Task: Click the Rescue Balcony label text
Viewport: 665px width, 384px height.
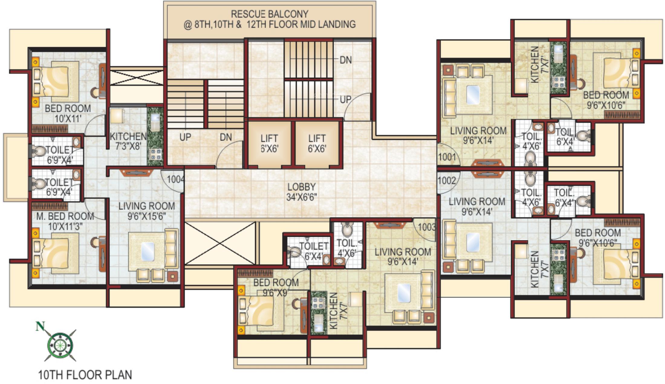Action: (x=269, y=19)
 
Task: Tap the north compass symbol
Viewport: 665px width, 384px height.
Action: (x=60, y=344)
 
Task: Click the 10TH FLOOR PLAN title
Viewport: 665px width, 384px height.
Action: (x=85, y=375)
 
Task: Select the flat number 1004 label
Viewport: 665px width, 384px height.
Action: (x=175, y=179)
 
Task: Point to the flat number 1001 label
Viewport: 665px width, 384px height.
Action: (x=447, y=157)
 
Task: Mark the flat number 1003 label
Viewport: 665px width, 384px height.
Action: (x=427, y=227)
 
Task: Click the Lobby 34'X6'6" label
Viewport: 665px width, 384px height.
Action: (x=301, y=192)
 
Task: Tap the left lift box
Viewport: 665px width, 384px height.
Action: (x=269, y=144)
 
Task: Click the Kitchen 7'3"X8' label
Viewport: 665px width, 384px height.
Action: (x=128, y=141)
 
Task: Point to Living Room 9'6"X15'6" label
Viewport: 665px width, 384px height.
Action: (x=147, y=211)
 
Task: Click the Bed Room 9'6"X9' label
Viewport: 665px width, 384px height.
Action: (x=276, y=287)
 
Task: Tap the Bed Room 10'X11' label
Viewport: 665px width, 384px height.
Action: (x=68, y=113)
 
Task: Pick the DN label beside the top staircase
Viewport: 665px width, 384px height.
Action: (x=345, y=60)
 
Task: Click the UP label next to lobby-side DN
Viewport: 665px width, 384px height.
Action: (x=185, y=137)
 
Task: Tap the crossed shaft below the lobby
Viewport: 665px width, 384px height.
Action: (x=220, y=243)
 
